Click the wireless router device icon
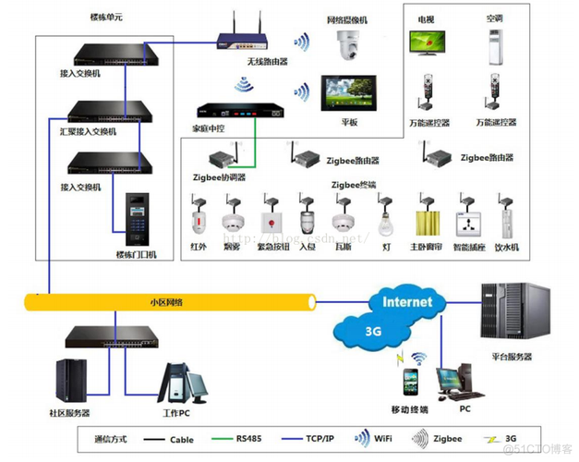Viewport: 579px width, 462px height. tap(242, 39)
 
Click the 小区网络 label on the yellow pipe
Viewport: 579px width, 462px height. tap(166, 302)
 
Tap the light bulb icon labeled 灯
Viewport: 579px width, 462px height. tap(386, 222)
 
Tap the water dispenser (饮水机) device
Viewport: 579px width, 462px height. tap(507, 223)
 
